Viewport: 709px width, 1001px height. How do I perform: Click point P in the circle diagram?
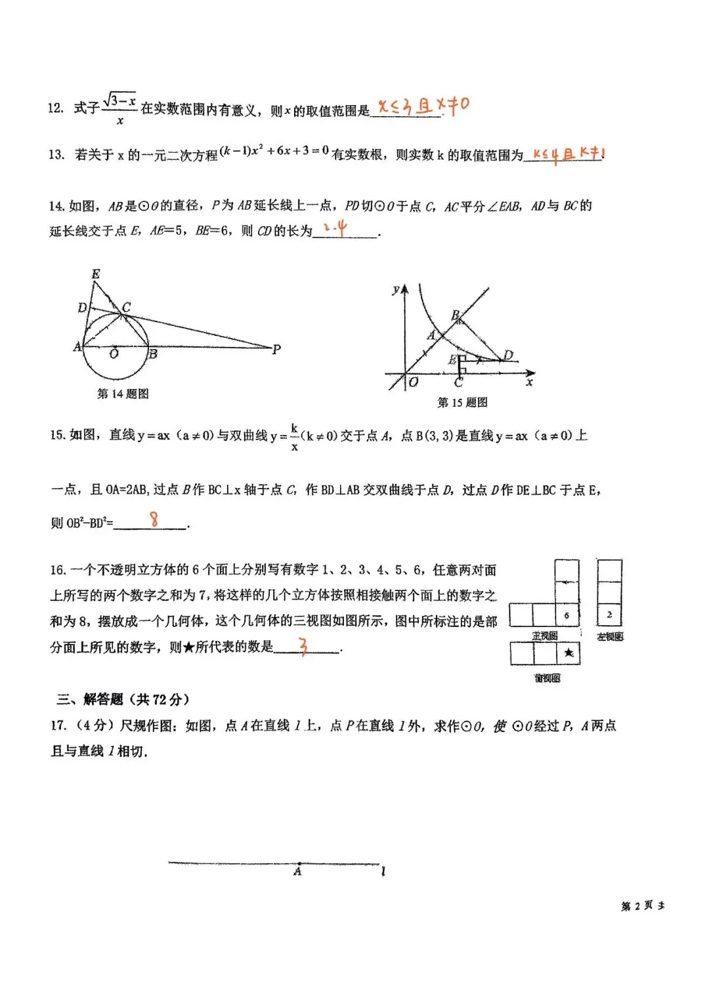tap(276, 349)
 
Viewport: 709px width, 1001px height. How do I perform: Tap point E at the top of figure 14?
tap(96, 274)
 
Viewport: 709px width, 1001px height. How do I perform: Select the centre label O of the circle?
tap(114, 354)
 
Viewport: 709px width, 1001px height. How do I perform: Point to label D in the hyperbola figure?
tap(507, 356)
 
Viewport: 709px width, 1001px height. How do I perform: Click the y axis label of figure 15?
tap(396, 289)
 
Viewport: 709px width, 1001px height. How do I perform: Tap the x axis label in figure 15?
tap(529, 382)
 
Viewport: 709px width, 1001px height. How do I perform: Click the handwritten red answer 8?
tap(154, 520)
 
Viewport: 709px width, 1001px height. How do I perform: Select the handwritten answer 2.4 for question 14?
tap(335, 228)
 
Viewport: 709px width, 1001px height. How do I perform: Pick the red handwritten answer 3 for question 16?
tap(303, 646)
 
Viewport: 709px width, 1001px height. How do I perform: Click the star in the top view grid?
tap(569, 653)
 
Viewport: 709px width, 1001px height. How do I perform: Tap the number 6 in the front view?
tap(567, 615)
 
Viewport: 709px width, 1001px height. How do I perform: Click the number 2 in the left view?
tap(609, 615)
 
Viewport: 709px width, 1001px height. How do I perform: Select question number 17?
tap(58, 725)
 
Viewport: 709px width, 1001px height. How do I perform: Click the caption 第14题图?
tap(123, 394)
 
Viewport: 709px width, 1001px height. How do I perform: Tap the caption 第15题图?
tap(462, 402)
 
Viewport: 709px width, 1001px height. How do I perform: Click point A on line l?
tap(299, 864)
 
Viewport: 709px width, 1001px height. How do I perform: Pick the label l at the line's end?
tap(383, 871)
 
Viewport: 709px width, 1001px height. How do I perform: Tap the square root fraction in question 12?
tap(119, 108)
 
